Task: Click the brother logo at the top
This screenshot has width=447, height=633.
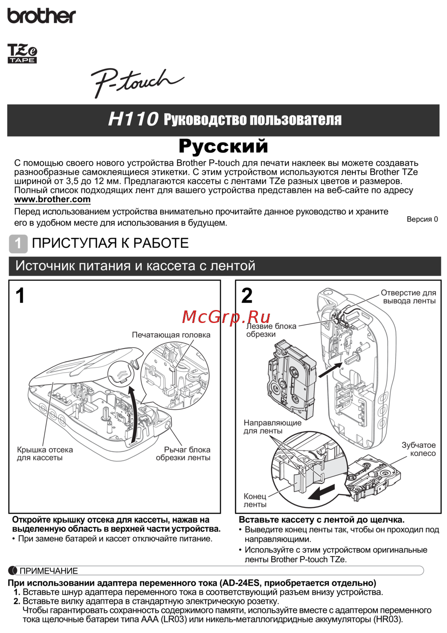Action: pos(42,16)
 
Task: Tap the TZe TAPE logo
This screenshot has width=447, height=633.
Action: pos(22,53)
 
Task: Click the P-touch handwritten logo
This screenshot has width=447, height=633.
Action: pos(136,82)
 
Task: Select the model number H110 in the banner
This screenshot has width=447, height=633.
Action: pos(133,119)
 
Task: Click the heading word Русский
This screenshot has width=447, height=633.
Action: pos(223,146)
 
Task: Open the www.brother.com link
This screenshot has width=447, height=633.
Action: pos(52,200)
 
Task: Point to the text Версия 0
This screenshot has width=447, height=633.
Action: pos(422,219)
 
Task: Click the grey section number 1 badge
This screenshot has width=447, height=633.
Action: pos(18,243)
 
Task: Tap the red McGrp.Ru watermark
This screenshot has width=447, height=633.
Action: pos(226,317)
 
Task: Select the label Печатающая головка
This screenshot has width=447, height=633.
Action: pos(171,335)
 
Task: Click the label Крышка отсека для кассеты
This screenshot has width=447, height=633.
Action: pos(45,454)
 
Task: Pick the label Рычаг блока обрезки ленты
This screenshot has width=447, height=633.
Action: pos(183,454)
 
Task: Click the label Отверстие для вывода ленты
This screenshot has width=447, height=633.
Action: pos(409,297)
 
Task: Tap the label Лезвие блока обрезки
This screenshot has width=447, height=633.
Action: pos(271,330)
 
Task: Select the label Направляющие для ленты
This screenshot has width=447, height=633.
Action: pos(272,427)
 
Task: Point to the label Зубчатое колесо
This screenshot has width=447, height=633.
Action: pos(418,449)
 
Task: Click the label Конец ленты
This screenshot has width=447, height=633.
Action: pos(255,500)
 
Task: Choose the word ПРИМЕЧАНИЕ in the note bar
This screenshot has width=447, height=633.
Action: pos(49,571)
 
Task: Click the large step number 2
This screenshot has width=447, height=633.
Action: pos(247,296)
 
